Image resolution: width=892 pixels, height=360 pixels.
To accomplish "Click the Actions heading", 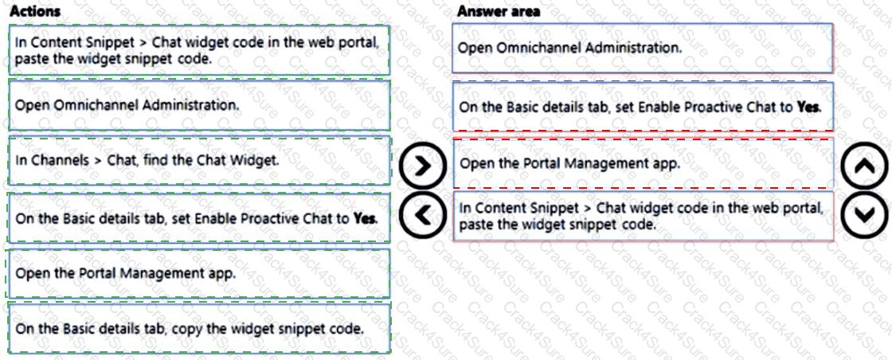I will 34,12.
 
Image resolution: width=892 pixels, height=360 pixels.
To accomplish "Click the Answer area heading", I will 499,11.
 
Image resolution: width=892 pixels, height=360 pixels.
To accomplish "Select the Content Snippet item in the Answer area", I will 642,216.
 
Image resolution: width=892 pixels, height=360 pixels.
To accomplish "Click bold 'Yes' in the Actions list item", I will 364,217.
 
